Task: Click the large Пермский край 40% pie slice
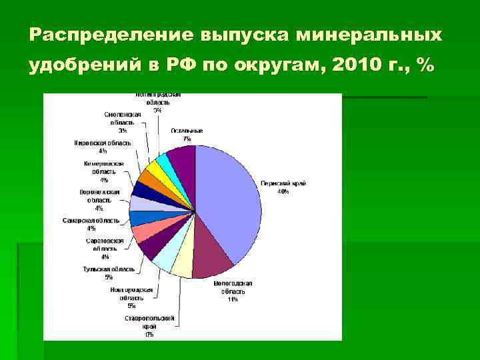pyautogui.click(x=230, y=200)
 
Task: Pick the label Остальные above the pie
pyautogui.click(x=187, y=131)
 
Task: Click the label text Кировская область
pyautogui.click(x=103, y=143)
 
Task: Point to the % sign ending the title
pyautogui.click(x=423, y=66)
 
